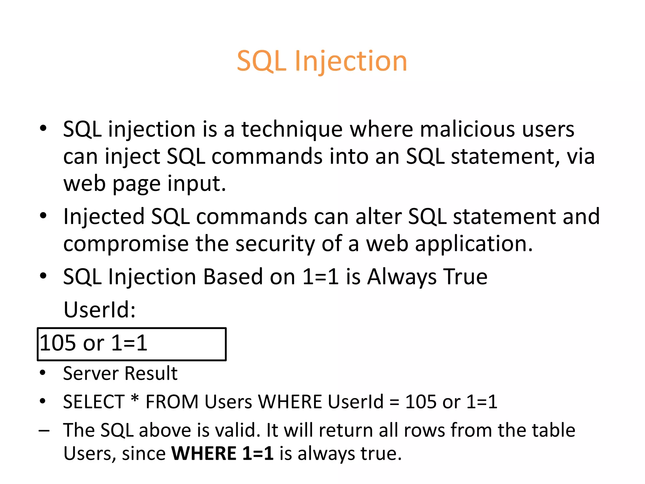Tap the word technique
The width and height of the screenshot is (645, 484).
[292, 130]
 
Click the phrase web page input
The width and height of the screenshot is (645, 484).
[145, 184]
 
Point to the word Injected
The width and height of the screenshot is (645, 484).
[104, 217]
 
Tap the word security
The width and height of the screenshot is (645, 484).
[275, 244]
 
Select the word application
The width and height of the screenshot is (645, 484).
[473, 244]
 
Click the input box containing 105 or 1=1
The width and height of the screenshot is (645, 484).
[132, 344]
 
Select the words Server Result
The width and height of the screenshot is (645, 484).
[120, 373]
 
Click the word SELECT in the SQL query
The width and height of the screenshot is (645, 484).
[94, 402]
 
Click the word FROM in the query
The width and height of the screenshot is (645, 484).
[172, 402]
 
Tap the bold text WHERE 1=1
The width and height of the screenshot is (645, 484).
[222, 454]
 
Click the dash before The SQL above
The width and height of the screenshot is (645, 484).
[44, 431]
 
